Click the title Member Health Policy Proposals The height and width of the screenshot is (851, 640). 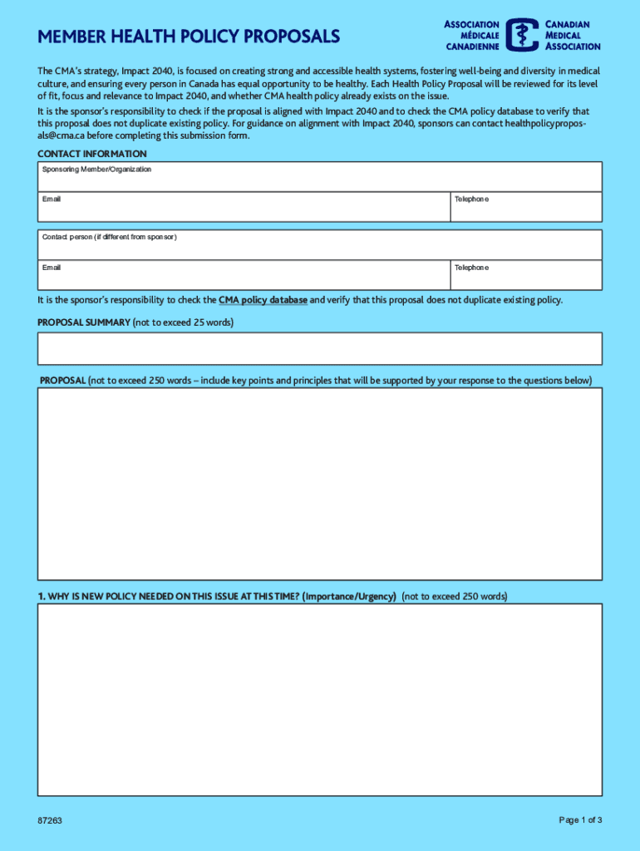189,37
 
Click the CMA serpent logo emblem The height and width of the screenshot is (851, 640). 522,35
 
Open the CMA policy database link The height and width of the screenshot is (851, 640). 263,300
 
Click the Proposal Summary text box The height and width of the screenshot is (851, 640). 320,349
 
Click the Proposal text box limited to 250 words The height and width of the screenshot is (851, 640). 320,484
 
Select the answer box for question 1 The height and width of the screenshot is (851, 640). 320,700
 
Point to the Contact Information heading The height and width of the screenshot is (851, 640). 92,155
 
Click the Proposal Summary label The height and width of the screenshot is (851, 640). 84,322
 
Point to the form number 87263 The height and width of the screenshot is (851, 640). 49,821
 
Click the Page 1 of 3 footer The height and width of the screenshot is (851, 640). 580,820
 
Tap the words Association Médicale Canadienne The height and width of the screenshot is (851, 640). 471,35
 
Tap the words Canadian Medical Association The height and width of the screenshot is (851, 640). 573,35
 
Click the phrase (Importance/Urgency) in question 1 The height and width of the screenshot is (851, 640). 349,597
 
